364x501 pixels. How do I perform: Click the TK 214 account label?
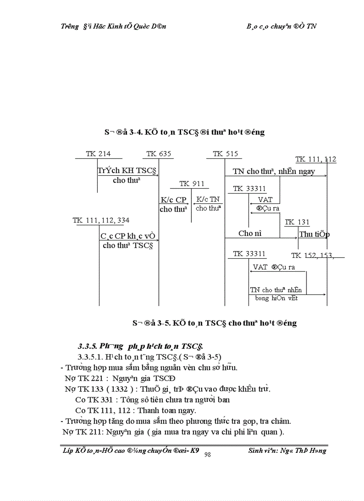click(98, 154)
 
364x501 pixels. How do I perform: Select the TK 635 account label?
click(159, 154)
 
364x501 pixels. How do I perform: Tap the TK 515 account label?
click(225, 154)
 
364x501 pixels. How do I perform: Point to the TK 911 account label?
click(192, 184)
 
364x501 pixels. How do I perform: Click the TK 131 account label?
click(297, 222)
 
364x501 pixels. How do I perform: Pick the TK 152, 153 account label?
click(312, 255)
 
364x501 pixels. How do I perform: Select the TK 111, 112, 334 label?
click(101, 220)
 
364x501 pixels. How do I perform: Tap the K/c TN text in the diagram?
click(208, 200)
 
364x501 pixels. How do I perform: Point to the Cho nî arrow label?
click(250, 233)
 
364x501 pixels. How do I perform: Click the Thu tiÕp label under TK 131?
click(314, 234)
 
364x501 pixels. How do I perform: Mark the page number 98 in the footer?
click(207, 454)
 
